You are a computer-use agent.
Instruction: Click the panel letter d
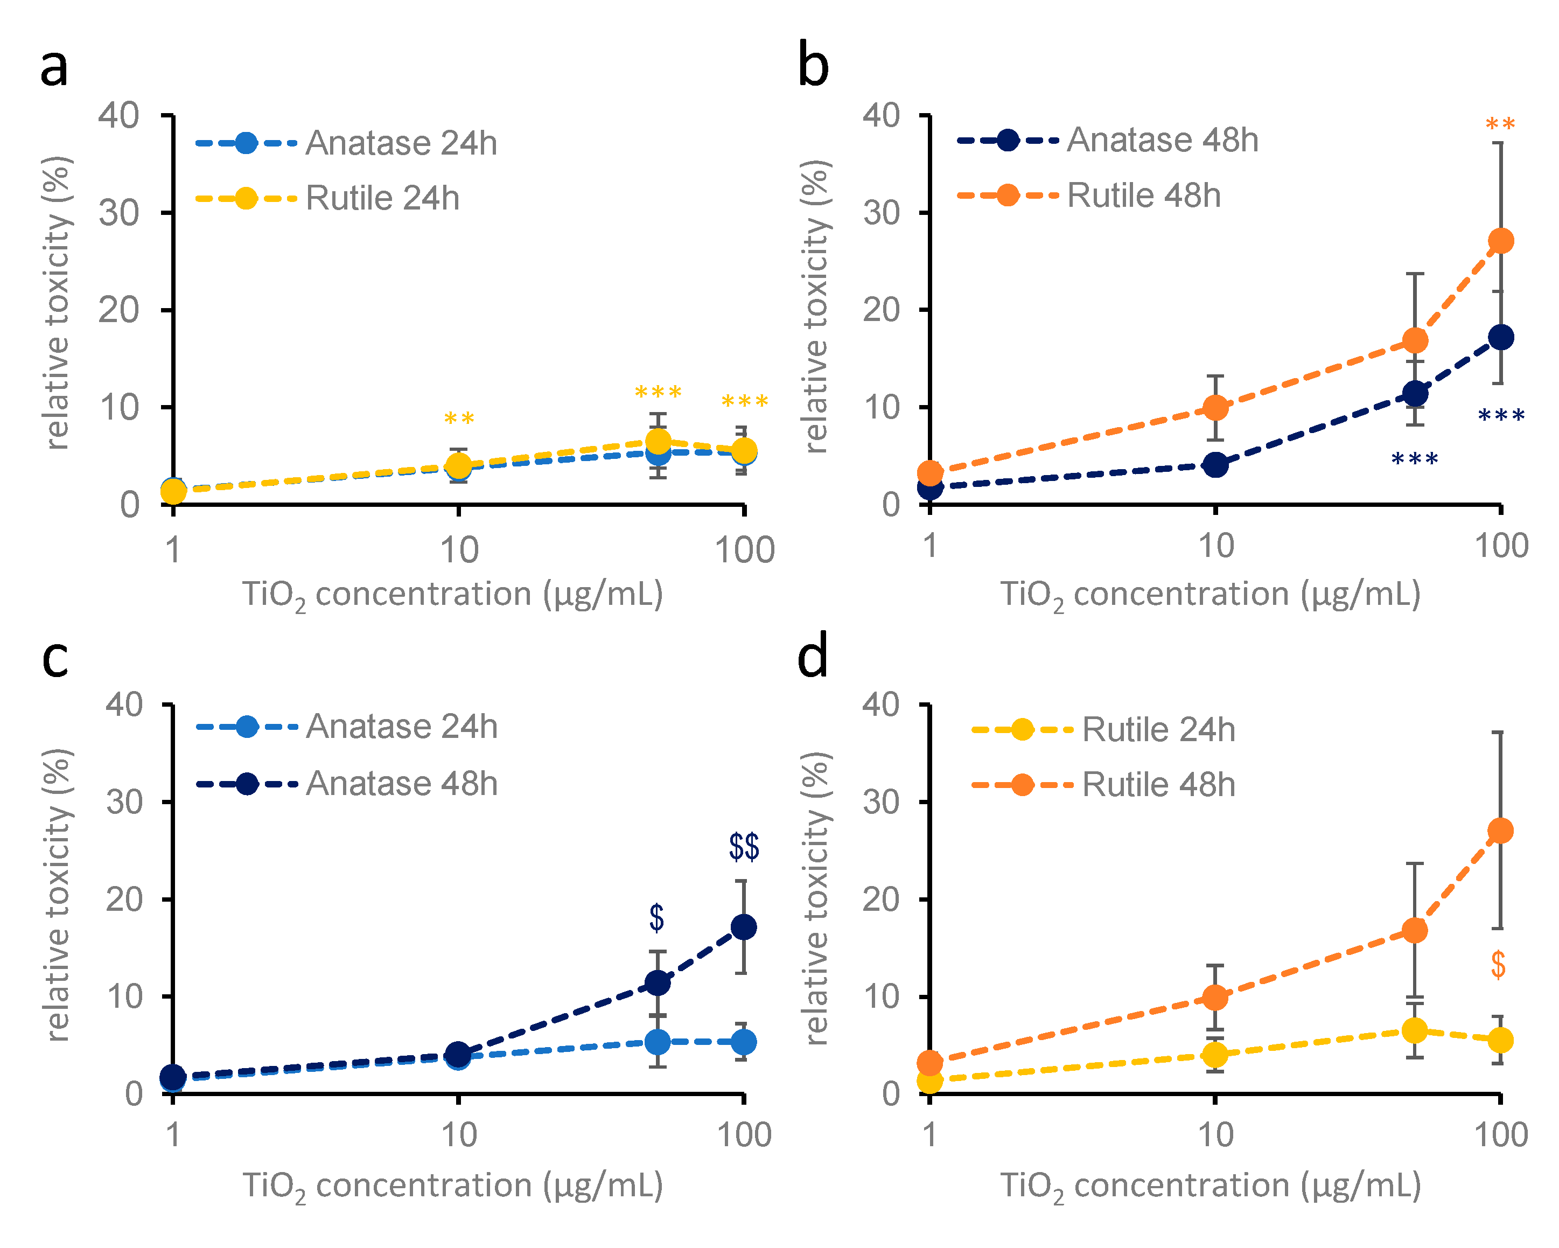click(x=812, y=658)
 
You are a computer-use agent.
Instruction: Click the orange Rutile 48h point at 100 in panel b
click(x=1500, y=241)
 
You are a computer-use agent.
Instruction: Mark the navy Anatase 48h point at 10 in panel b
click(x=1215, y=465)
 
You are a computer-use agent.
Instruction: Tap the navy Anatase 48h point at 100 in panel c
click(x=743, y=927)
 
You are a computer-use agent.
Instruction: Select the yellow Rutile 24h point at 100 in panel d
click(x=1500, y=1041)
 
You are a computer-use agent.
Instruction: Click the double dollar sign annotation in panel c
click(x=743, y=847)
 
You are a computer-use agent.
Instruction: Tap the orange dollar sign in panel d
click(x=1498, y=965)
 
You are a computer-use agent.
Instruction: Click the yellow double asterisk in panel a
click(x=458, y=420)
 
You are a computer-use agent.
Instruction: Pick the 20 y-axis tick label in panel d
click(x=880, y=900)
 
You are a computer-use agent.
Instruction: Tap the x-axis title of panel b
click(x=1210, y=596)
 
